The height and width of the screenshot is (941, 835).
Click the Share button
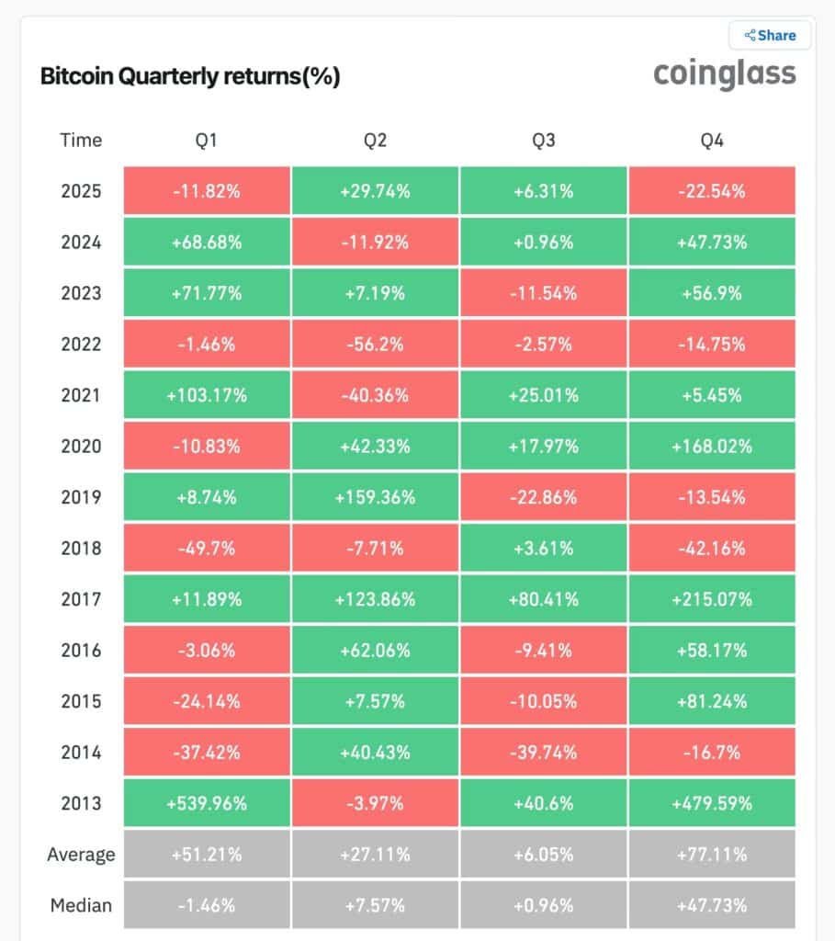[x=770, y=36]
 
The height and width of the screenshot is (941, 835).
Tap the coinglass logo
[x=724, y=74]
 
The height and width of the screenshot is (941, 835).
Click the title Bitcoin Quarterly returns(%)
[x=190, y=77]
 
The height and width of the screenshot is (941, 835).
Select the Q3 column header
[x=543, y=141]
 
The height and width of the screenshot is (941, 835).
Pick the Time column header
[x=81, y=141]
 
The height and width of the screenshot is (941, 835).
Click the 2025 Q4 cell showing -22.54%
[x=712, y=192]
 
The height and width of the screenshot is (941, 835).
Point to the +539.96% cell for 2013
[x=206, y=803]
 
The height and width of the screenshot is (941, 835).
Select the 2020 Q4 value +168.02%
[x=712, y=447]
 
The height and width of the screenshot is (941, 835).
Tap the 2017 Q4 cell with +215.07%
[x=712, y=599]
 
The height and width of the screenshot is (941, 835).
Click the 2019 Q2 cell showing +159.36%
[x=375, y=497]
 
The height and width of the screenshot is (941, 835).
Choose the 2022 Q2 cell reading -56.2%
[x=375, y=345]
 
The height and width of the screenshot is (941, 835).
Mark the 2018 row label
[x=81, y=549]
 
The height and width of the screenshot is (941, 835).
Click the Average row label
[x=81, y=855]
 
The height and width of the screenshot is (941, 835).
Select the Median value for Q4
[x=712, y=905]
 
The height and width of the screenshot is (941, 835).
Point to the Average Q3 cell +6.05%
[x=543, y=855]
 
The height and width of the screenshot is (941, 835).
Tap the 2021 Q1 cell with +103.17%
[x=206, y=395]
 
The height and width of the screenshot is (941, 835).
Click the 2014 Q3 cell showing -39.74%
[x=543, y=752]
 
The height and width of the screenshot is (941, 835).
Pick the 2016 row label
[x=81, y=651]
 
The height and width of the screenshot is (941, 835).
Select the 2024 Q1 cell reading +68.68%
[x=206, y=243]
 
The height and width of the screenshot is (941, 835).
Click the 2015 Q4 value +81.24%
[x=712, y=701]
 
